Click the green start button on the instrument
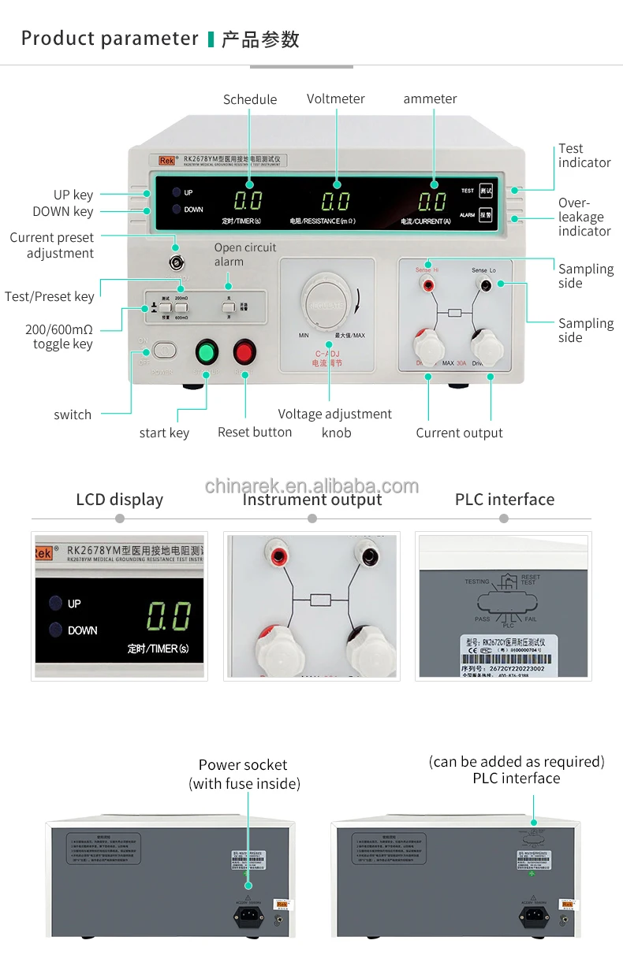(x=206, y=351)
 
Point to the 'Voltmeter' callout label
(x=335, y=98)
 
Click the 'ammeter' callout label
(x=430, y=98)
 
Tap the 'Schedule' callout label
(x=250, y=99)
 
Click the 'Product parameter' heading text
(x=110, y=39)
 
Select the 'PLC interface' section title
(x=504, y=499)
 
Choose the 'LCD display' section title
(x=119, y=500)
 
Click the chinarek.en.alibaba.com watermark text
(x=311, y=485)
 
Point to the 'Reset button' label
(x=255, y=432)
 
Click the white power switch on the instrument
(x=164, y=349)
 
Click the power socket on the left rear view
(x=248, y=915)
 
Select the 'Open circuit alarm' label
(x=244, y=255)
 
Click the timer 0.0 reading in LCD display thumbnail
(x=169, y=616)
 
